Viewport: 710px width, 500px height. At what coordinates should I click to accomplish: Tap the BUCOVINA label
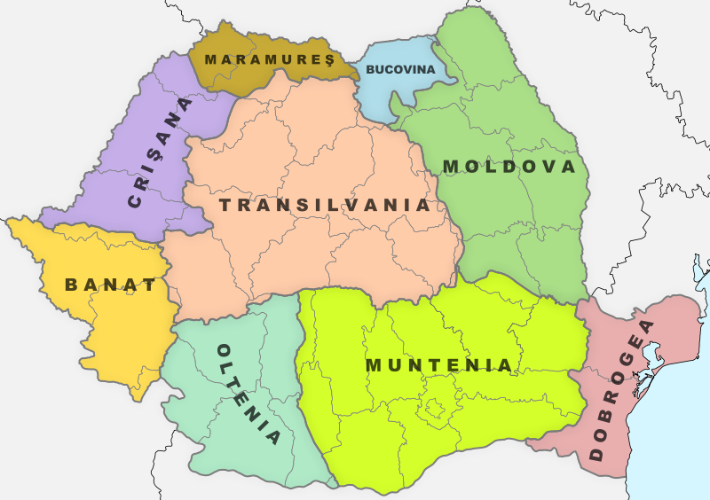400,69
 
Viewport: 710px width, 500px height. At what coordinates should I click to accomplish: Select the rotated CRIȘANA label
160,152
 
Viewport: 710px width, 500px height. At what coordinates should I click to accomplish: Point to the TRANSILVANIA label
325,205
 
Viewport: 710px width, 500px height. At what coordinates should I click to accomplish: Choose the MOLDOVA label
509,167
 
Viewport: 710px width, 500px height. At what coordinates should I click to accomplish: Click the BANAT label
110,285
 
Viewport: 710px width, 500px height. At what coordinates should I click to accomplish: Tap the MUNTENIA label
439,365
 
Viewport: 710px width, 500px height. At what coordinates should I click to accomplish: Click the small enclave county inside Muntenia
435,409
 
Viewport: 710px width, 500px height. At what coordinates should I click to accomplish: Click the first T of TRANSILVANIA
225,205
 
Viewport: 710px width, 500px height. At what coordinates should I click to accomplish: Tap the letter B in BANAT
71,285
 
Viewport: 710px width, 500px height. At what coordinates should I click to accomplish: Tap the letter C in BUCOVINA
389,69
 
